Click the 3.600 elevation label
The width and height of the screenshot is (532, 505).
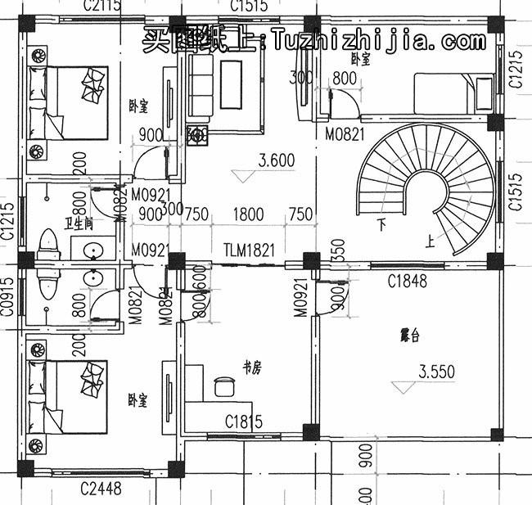coord(276,161)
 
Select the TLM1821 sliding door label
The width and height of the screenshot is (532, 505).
coord(250,249)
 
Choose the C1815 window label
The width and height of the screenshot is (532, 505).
coord(244,422)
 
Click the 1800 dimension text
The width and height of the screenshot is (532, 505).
coord(248,215)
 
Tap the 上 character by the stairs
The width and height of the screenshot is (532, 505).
coord(430,241)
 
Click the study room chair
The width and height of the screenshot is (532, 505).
coord(222,385)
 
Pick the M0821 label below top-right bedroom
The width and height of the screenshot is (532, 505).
coord(345,133)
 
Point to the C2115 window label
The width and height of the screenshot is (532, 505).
coord(101,7)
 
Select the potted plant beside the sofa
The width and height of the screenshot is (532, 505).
coord(197,136)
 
